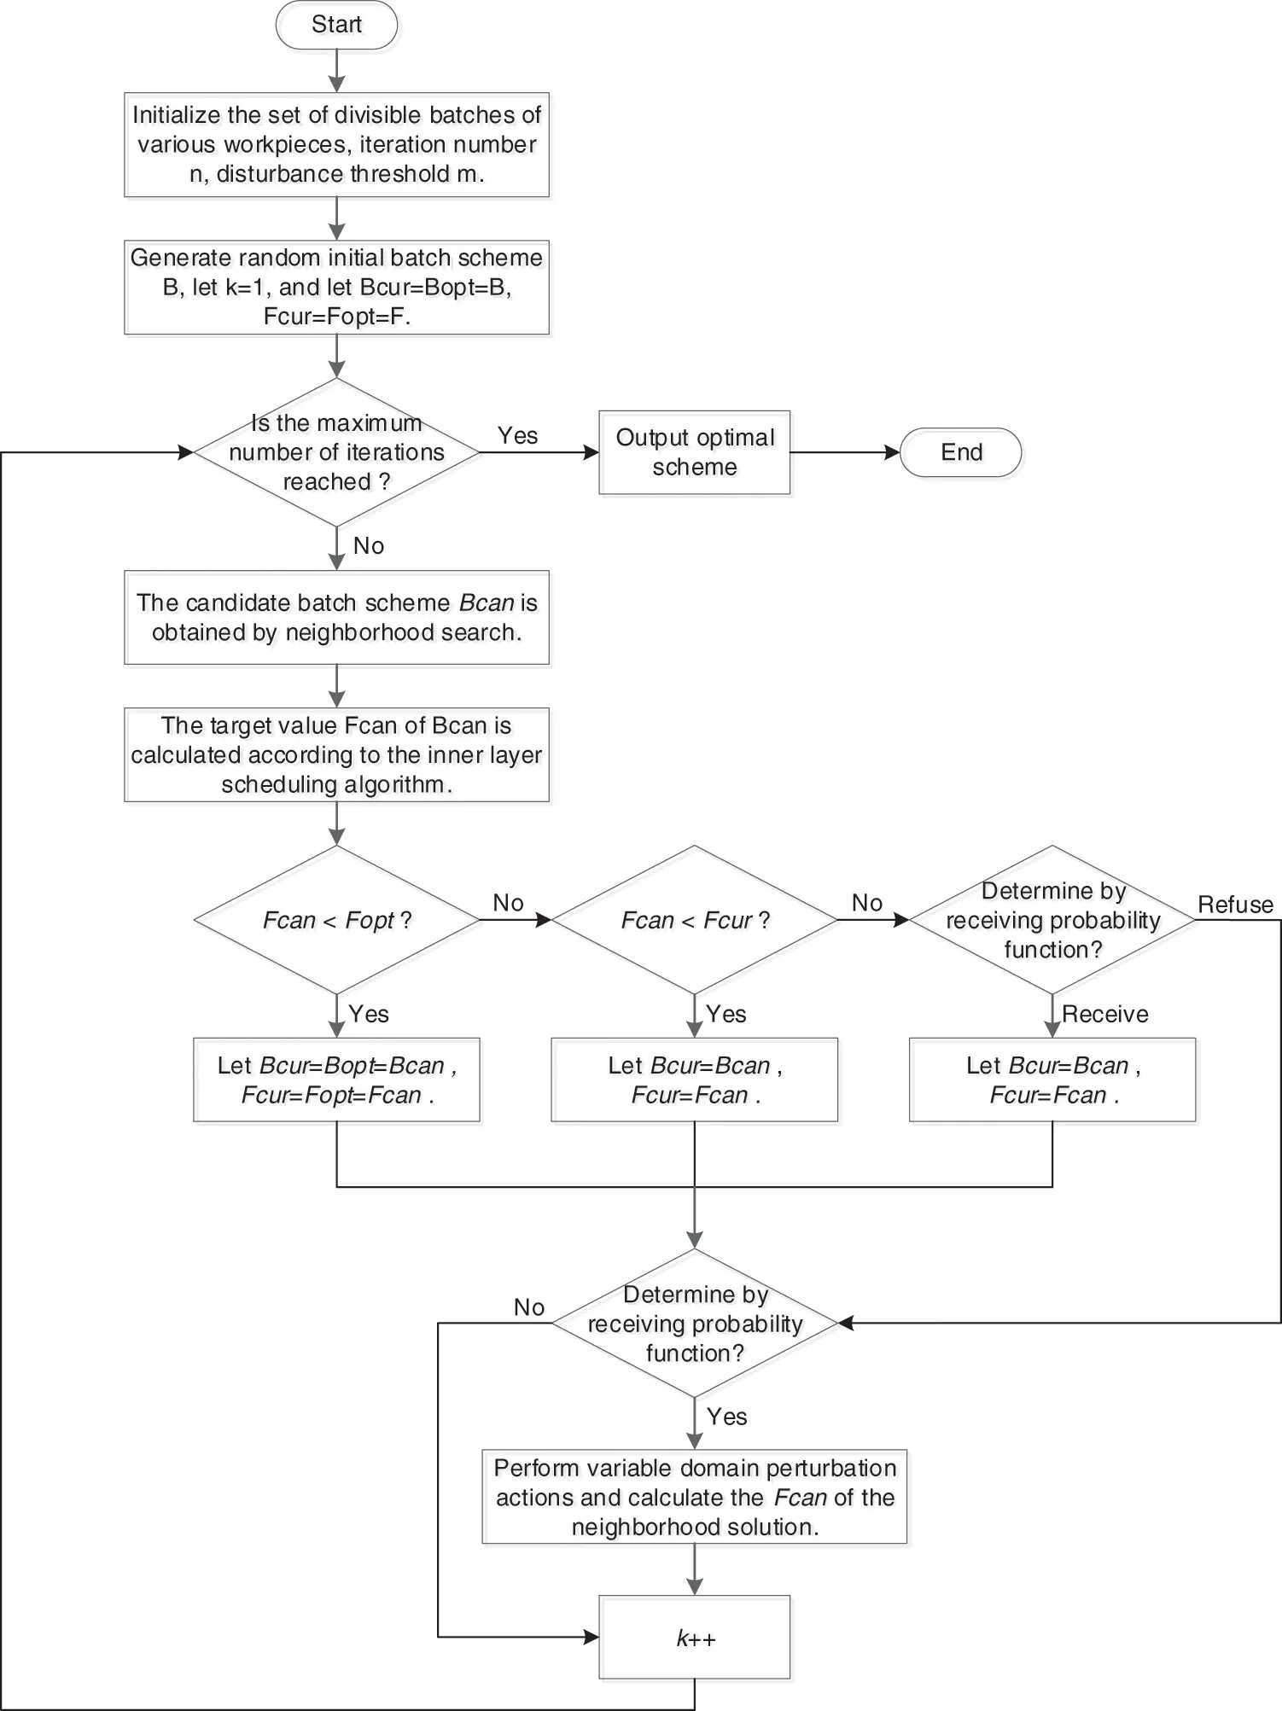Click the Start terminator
[x=336, y=25]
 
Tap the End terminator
[x=961, y=452]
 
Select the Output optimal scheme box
[x=695, y=452]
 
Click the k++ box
[x=695, y=1638]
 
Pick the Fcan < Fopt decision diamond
[x=336, y=920]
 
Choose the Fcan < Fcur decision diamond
[x=695, y=920]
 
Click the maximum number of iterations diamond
[x=336, y=452]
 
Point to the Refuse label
[x=1235, y=905]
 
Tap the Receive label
[x=1104, y=1014]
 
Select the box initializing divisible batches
[x=336, y=144]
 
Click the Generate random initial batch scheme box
[x=336, y=287]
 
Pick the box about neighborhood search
[x=336, y=617]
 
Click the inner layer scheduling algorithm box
[x=336, y=754]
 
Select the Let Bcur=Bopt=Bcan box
[x=336, y=1080]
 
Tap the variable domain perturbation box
[x=695, y=1497]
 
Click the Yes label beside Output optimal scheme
[x=517, y=435]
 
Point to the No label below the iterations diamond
[x=369, y=546]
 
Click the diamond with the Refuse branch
[x=1052, y=920]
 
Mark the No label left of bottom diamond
[x=529, y=1307]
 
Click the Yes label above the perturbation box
[x=726, y=1417]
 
